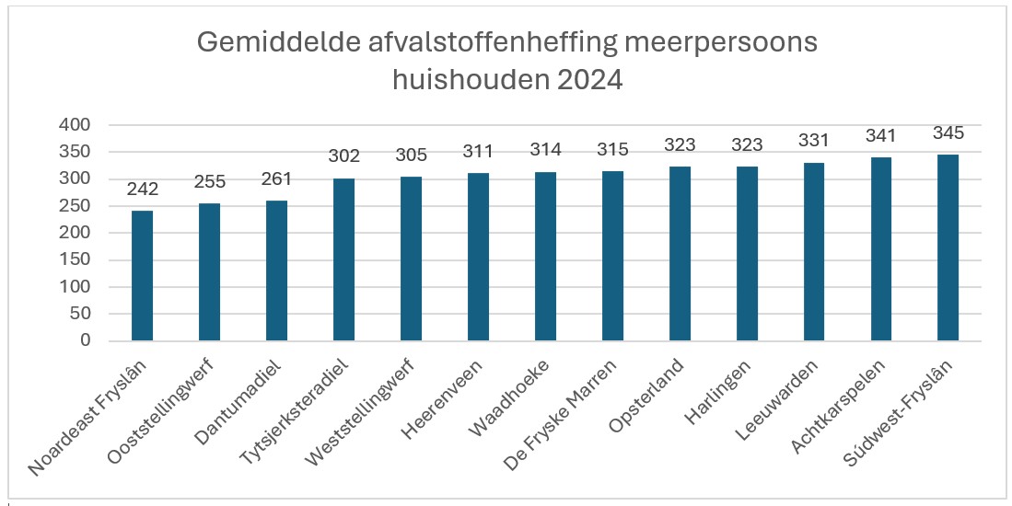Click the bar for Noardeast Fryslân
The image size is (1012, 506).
[143, 276]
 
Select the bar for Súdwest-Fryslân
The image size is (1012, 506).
[948, 248]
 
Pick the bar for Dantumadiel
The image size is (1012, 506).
[277, 271]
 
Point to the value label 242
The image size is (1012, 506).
[143, 190]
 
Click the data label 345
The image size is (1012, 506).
[948, 134]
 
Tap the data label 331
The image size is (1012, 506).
[814, 142]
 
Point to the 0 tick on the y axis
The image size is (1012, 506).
[85, 341]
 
